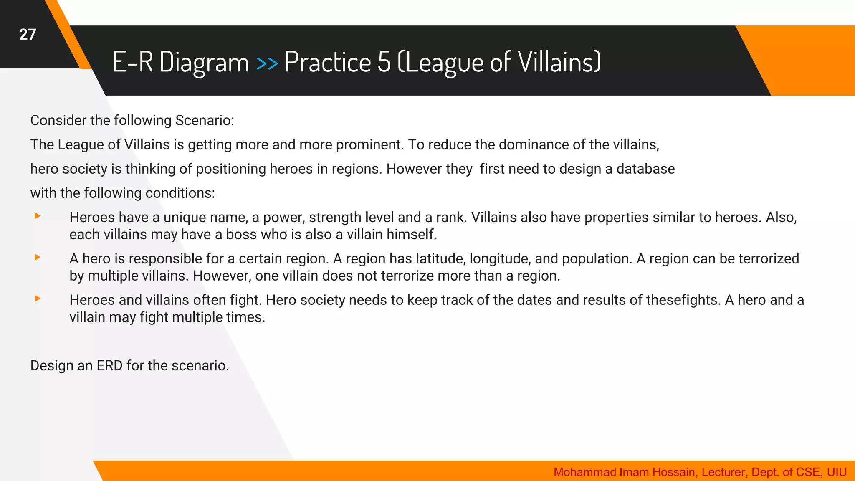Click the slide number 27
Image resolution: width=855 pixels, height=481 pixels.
coord(28,34)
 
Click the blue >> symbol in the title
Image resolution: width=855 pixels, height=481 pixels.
coord(267,63)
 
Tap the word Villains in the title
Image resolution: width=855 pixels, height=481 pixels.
coord(559,62)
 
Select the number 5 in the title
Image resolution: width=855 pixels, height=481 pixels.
coord(384,62)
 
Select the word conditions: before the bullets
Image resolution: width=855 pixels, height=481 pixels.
coord(180,193)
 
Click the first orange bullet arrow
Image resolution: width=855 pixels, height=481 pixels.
coord(38,216)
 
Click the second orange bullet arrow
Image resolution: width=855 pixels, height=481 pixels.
coord(38,257)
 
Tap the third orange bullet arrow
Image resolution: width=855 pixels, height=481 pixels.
coord(38,299)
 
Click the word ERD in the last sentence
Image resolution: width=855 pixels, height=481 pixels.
coord(109,365)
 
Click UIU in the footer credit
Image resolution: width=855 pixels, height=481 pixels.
coord(837,472)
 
